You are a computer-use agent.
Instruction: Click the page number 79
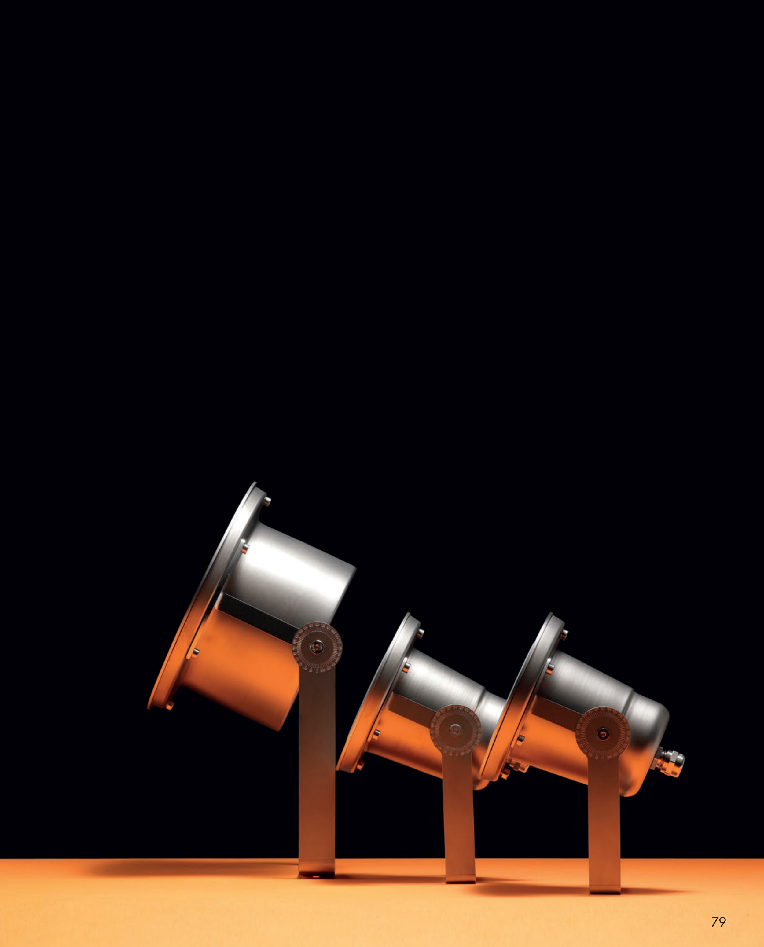(x=718, y=921)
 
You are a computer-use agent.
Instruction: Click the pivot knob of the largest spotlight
(x=317, y=647)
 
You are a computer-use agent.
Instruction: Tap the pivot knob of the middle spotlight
(x=455, y=730)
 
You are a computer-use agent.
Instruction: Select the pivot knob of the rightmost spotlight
(x=602, y=733)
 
